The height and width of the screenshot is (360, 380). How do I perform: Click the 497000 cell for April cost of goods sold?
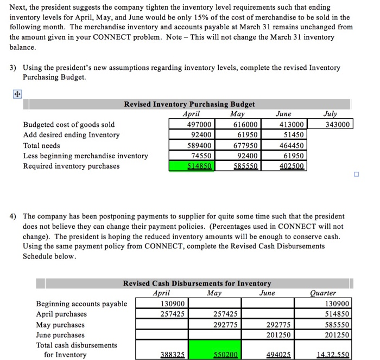(198, 125)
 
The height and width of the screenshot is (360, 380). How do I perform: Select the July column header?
(330, 114)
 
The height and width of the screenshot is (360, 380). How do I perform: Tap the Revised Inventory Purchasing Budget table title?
(189, 104)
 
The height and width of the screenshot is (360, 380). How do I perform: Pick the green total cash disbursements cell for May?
(212, 350)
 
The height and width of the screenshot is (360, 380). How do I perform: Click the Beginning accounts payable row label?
(81, 304)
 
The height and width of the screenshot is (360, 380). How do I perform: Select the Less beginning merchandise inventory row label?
(85, 156)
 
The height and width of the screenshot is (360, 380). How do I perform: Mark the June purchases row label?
(60, 335)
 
